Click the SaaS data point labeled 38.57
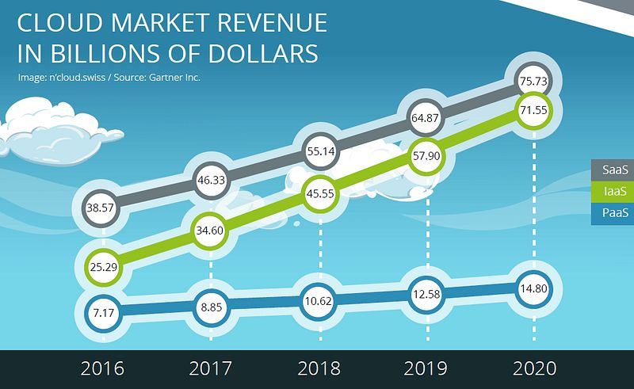click(101, 208)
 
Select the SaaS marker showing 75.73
click(533, 81)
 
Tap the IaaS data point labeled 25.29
click(104, 267)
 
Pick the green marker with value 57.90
click(426, 156)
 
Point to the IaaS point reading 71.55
click(533, 110)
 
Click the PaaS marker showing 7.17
click(104, 313)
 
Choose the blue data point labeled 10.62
click(319, 301)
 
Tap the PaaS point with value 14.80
click(533, 288)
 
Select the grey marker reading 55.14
click(321, 151)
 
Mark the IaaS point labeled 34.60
click(210, 231)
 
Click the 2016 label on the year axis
click(102, 368)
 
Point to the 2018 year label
click(319, 368)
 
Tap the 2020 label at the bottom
click(534, 368)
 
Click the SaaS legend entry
click(613, 170)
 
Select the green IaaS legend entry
click(613, 191)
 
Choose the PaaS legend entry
click(613, 212)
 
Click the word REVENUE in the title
click(272, 23)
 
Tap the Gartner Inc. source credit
click(174, 77)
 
